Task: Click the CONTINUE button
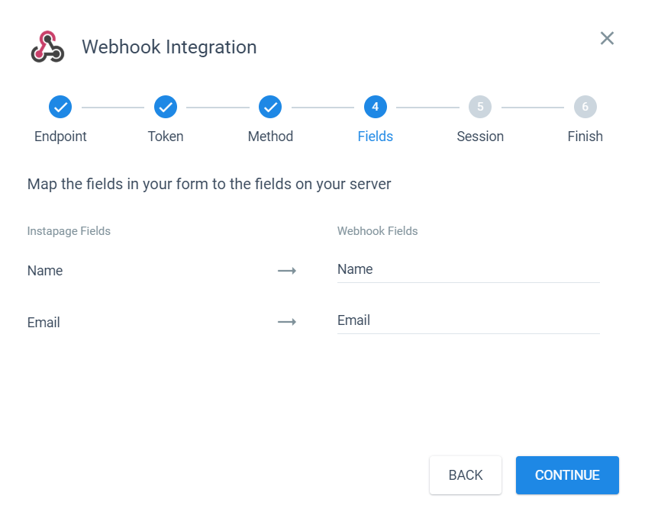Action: click(567, 475)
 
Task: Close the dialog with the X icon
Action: click(607, 38)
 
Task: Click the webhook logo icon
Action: click(48, 47)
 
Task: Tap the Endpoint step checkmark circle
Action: click(60, 107)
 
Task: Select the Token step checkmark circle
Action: click(166, 107)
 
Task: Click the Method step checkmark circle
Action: click(270, 107)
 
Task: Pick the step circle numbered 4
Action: click(375, 107)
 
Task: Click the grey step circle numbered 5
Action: click(480, 107)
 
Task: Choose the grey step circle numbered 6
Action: click(585, 107)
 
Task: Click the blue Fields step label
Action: click(375, 137)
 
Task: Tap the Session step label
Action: click(480, 137)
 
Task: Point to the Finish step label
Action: click(585, 137)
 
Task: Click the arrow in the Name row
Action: click(287, 271)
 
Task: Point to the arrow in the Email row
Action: click(287, 322)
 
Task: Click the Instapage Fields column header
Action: click(69, 231)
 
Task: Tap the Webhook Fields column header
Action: click(377, 231)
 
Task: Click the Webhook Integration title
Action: click(169, 47)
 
